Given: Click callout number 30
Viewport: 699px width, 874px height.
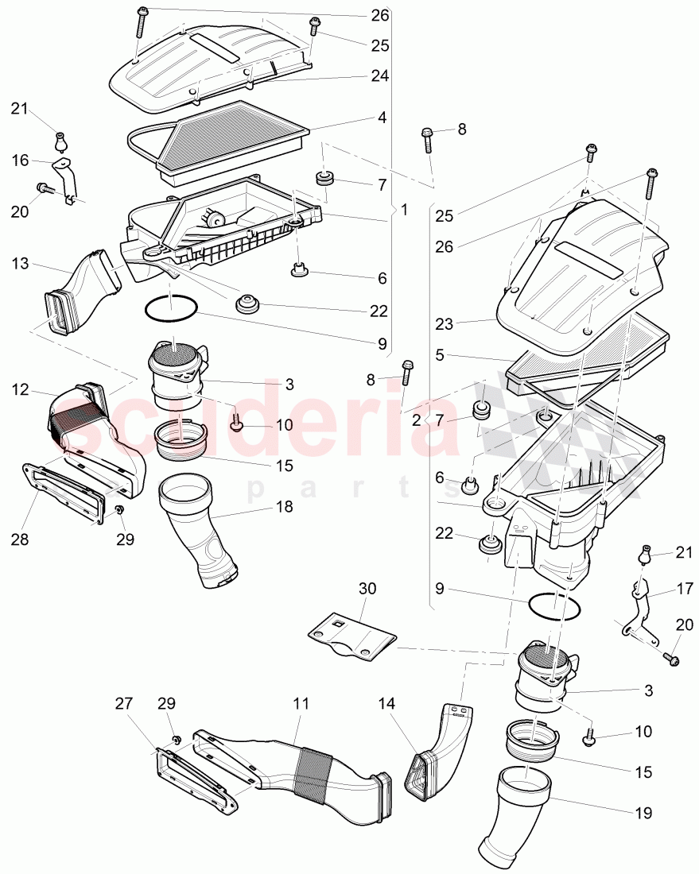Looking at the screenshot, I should (x=367, y=589).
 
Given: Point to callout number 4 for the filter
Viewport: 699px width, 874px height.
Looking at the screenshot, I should (x=382, y=117).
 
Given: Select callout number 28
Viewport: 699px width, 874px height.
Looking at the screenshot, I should (x=20, y=539).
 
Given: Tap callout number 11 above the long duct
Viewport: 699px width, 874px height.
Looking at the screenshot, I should (x=301, y=704).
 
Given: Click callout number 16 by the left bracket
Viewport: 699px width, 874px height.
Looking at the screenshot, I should (x=20, y=160).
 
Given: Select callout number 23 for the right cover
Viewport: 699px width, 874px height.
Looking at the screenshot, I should (x=444, y=324).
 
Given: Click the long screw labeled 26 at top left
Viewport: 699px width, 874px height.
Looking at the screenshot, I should (x=141, y=21).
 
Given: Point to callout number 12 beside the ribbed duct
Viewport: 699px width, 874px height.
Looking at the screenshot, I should (x=20, y=389).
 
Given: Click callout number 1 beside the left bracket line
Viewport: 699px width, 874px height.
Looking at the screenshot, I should (x=404, y=210).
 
